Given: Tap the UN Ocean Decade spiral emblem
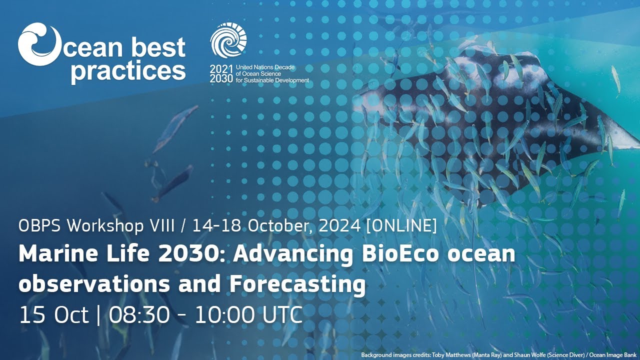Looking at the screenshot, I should point(228,40).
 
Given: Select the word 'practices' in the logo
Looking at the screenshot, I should point(128,70).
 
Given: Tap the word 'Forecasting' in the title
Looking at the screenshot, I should point(297,284).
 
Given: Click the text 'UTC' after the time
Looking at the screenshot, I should point(281,315).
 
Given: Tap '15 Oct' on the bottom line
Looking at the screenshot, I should point(53,315).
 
